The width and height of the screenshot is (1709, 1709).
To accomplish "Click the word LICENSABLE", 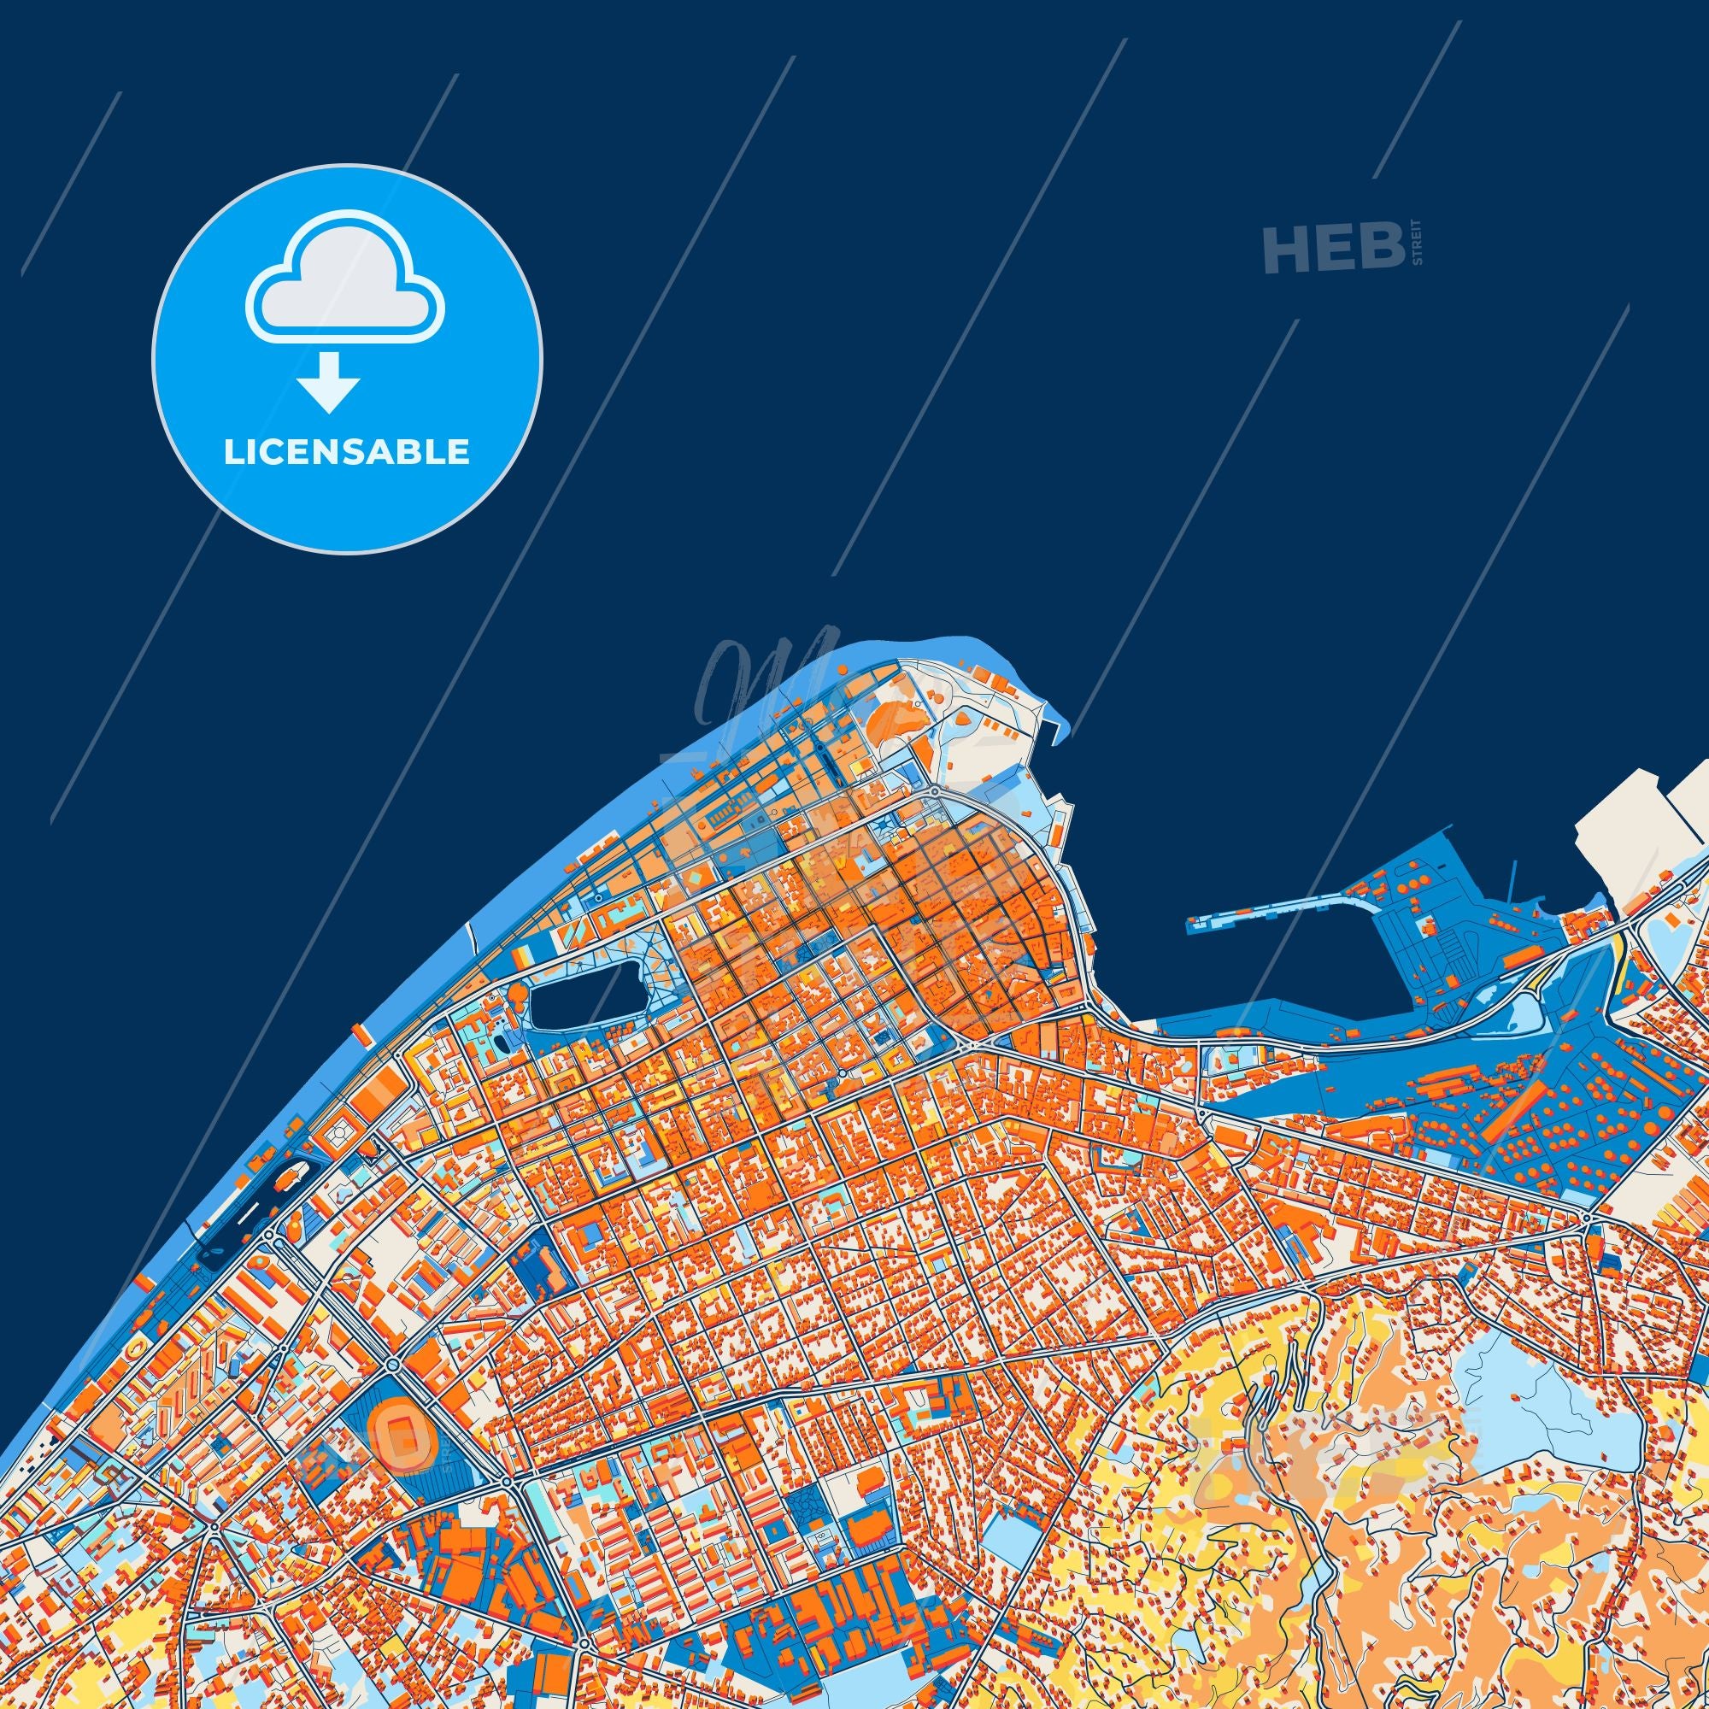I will coord(347,452).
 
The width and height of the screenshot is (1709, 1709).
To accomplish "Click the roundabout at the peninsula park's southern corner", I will coord(934,790).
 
